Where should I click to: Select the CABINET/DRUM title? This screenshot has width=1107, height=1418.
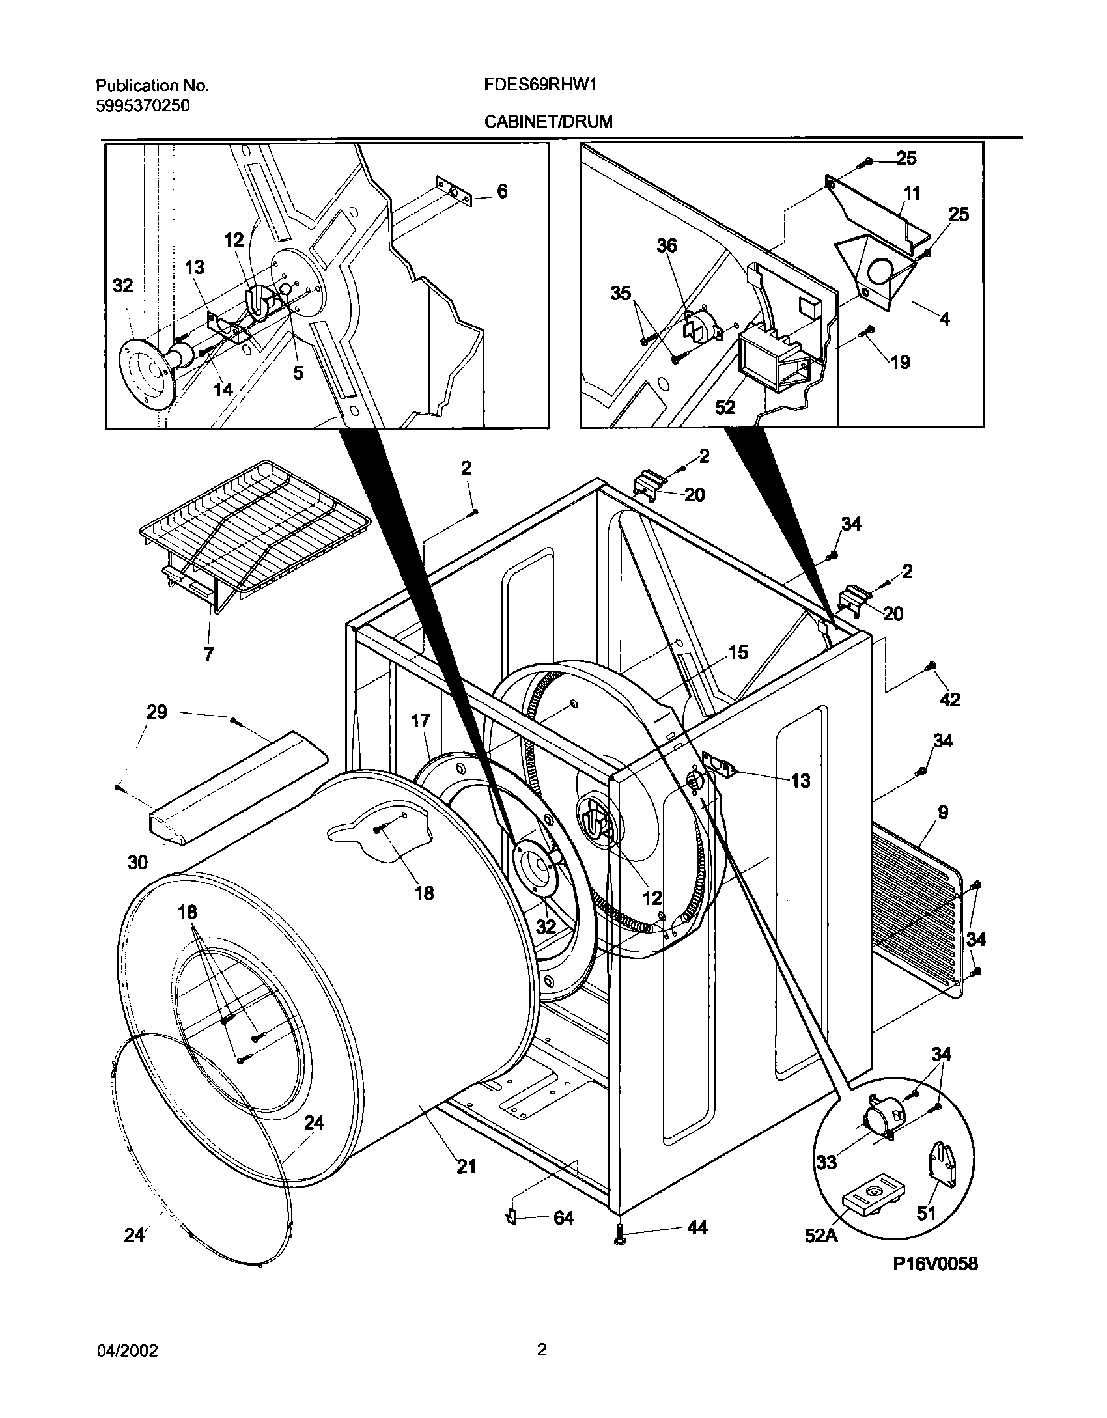pos(548,122)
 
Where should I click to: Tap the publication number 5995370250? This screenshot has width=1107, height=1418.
pos(143,105)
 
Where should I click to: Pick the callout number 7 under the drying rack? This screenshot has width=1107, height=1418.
pos(208,654)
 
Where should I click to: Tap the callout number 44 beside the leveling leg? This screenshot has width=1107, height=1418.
pos(697,1228)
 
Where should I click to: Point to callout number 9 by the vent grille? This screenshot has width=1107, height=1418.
pos(943,812)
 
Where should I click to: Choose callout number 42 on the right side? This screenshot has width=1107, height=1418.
pos(950,699)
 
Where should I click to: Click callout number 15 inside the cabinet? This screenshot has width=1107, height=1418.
pos(738,652)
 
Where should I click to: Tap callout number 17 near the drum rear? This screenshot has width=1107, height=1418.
pos(421,721)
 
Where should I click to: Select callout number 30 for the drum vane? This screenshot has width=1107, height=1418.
pos(137,862)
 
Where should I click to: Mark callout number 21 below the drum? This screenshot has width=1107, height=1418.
pos(466,1166)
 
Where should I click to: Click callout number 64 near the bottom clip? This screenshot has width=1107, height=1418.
pos(563,1217)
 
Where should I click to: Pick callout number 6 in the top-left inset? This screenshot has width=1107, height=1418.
pos(502,191)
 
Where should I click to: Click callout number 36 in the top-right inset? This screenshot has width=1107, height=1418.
pos(666,245)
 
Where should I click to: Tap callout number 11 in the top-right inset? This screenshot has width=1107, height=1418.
pos(912,193)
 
